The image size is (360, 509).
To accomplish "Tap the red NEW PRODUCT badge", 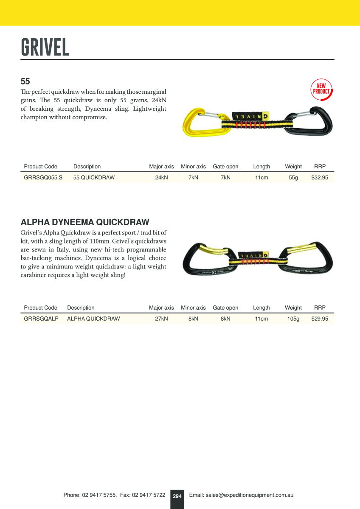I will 321,89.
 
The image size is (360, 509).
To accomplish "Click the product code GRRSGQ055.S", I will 43,178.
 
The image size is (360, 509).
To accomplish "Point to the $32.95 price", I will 320,178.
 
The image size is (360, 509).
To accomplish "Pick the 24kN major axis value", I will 161,178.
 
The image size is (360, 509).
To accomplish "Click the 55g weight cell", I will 293,178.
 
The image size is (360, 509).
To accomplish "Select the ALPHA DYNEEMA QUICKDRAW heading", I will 85,222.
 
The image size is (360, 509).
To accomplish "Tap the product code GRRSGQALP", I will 41,319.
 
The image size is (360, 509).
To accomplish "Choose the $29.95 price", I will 320,319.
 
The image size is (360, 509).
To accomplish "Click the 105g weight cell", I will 293,319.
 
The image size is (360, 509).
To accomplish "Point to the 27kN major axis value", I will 161,319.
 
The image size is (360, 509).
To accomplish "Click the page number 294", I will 177,496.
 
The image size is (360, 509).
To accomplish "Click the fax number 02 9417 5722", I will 149,495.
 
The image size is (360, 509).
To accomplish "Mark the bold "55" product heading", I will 25,81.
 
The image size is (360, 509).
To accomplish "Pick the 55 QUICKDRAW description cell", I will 94,178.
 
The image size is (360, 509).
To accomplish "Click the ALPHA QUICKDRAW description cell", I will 93,319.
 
